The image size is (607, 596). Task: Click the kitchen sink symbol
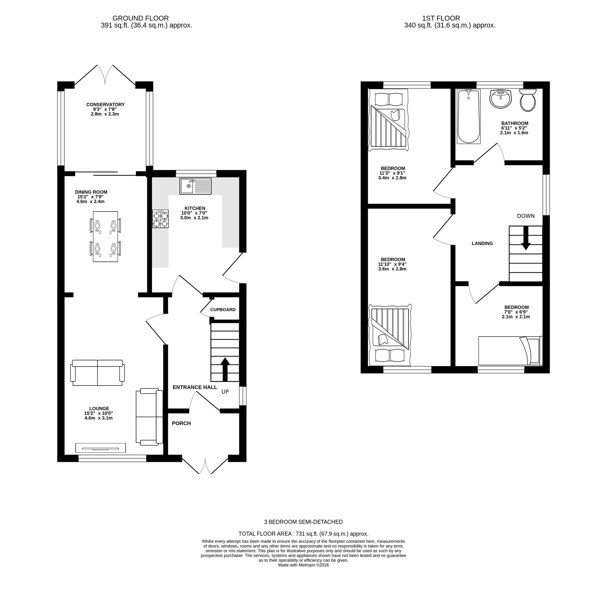(195, 186)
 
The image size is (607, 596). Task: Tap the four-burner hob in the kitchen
(160, 219)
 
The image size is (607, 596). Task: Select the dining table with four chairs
(106, 237)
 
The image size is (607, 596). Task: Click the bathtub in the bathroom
(468, 116)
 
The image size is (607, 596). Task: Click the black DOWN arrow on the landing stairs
(525, 238)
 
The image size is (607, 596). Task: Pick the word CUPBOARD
(222, 310)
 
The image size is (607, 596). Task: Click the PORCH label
(181, 423)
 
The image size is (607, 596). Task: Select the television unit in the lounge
(100, 448)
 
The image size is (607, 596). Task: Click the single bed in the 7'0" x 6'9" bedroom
(510, 350)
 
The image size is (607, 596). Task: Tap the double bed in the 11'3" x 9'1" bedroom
(388, 120)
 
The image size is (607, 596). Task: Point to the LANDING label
(482, 243)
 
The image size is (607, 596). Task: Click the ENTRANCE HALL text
(195, 387)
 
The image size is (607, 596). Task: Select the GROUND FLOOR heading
(141, 19)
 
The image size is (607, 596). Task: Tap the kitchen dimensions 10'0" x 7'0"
(194, 213)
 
